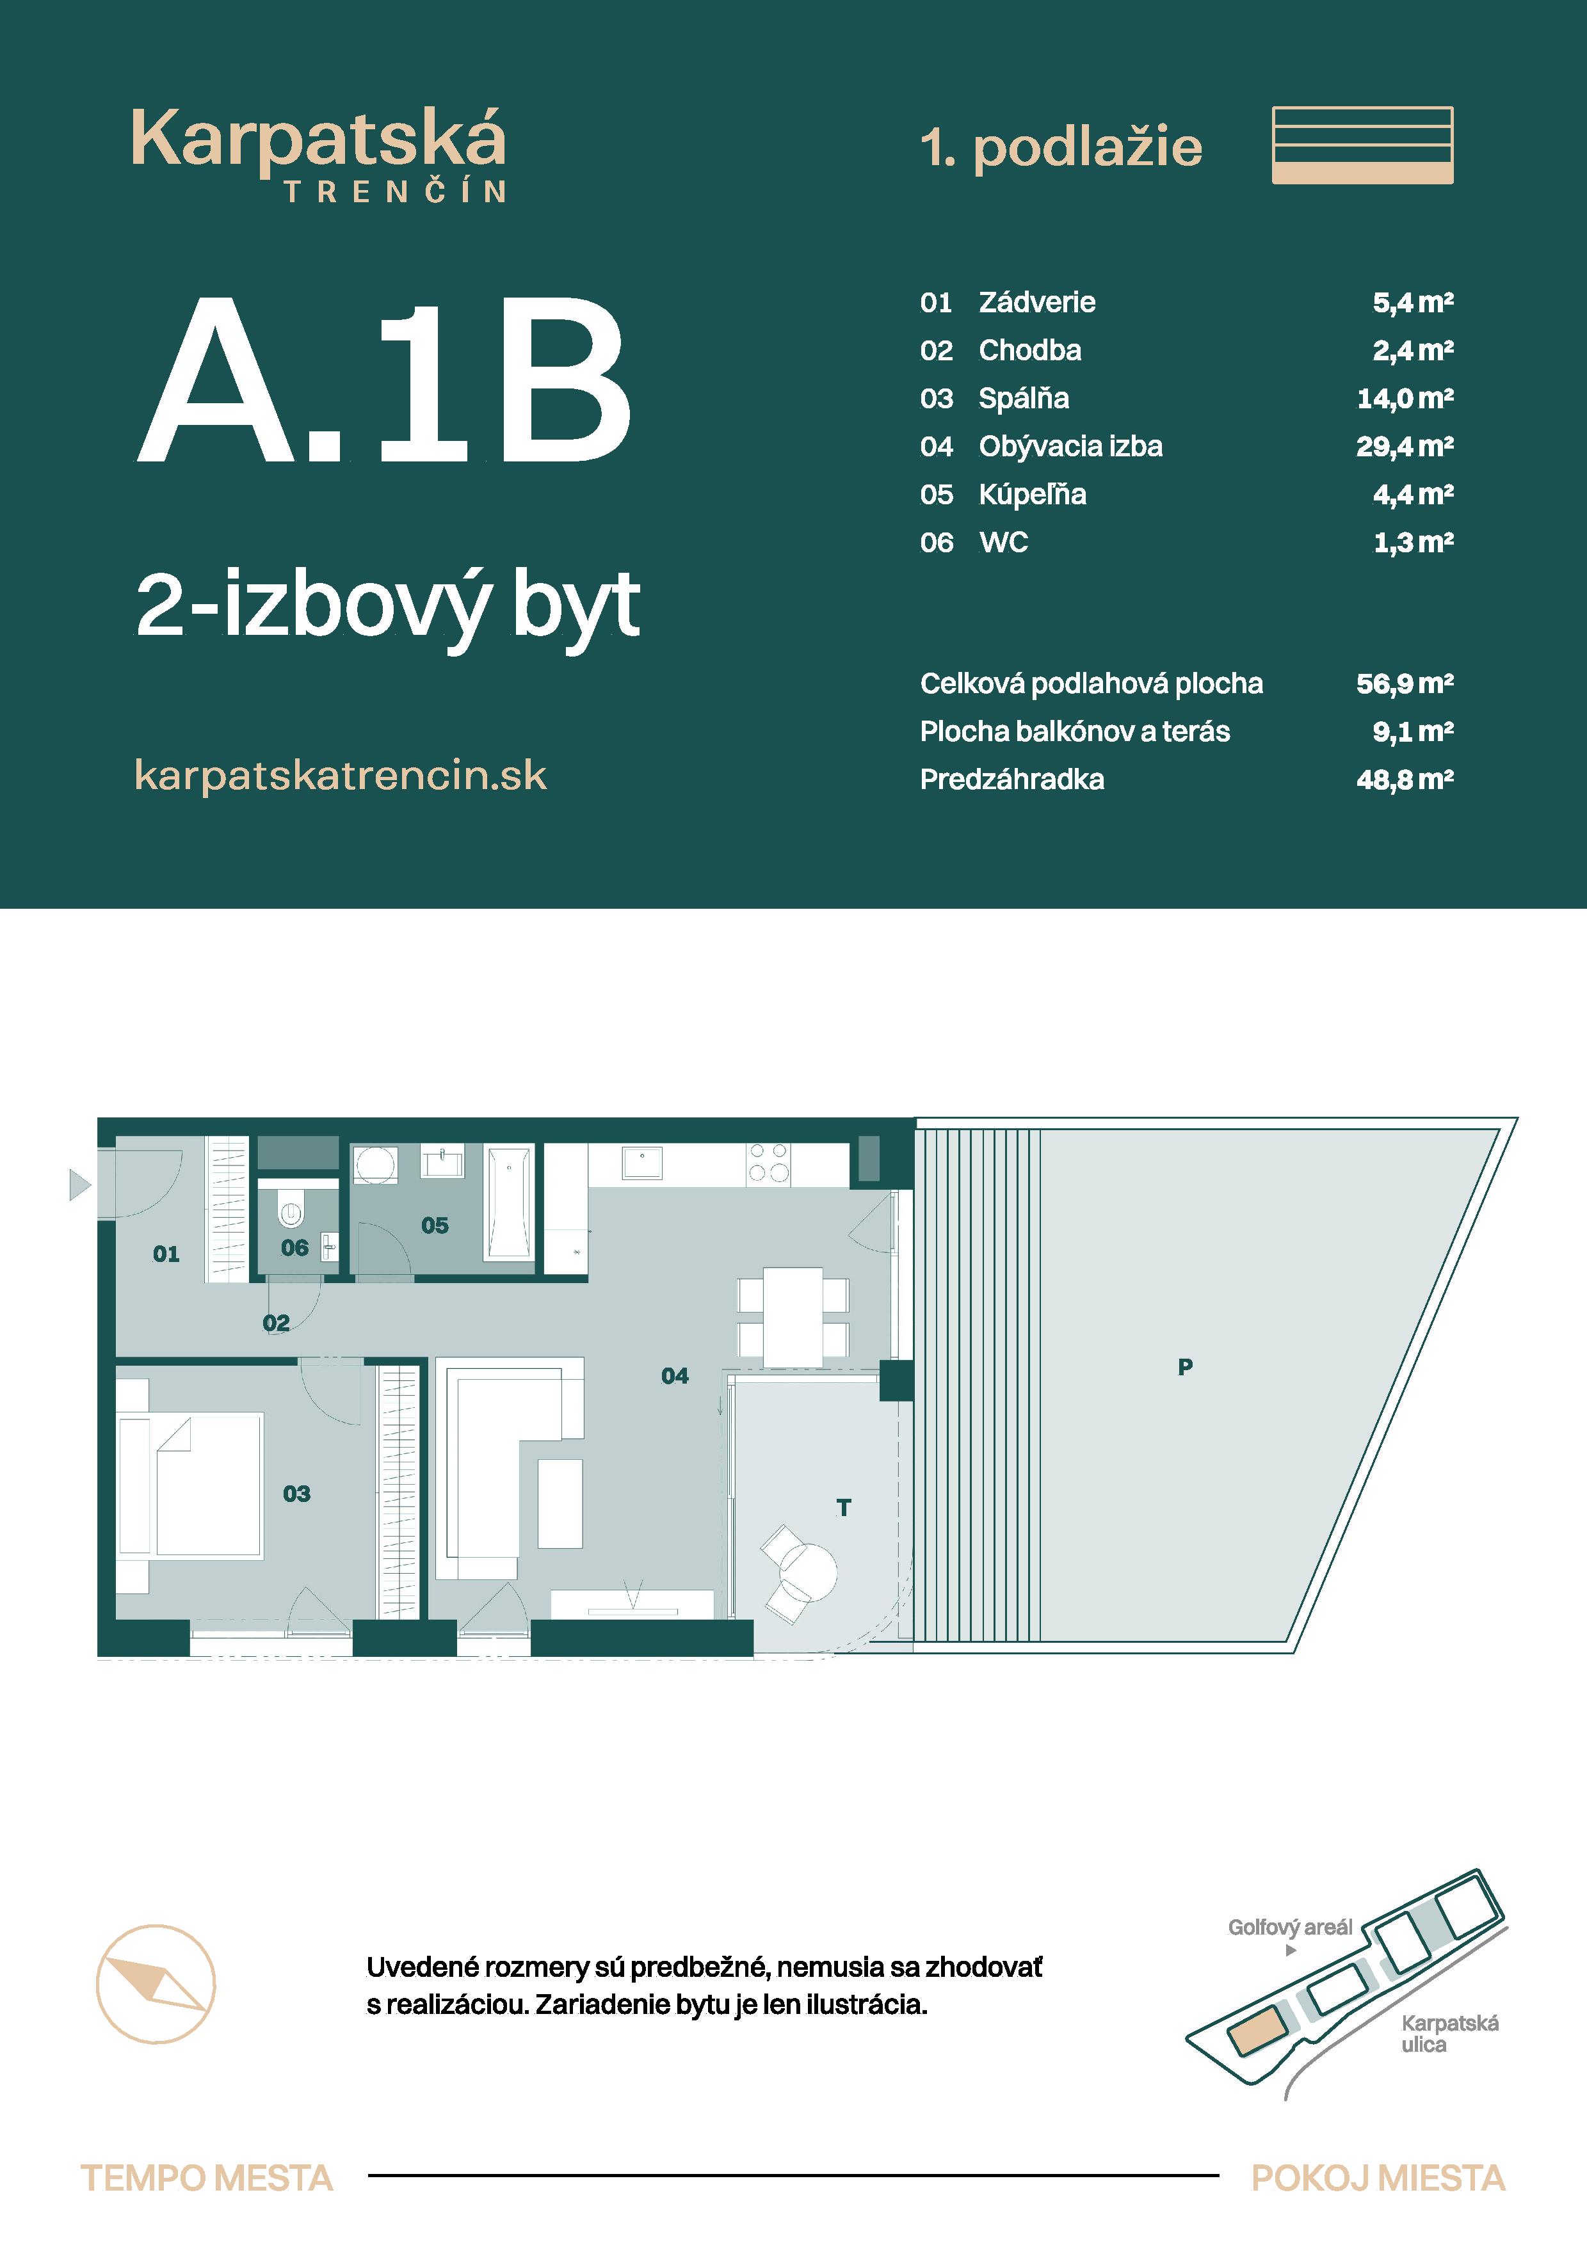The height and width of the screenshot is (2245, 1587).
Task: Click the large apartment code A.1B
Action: click(384, 381)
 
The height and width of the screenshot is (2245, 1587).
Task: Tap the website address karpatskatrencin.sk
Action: click(341, 776)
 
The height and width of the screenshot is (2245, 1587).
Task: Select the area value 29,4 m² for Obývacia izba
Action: click(1404, 447)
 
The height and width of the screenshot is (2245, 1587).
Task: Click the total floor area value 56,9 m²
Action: click(1404, 683)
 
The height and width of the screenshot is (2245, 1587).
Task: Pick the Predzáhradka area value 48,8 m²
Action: click(1404, 779)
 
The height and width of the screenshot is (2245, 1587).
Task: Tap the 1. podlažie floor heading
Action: click(1061, 148)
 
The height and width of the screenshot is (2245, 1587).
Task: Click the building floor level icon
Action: click(1362, 146)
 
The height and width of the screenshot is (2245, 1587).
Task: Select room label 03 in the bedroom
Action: click(296, 1493)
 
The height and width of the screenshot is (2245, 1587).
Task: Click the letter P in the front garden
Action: click(1185, 1367)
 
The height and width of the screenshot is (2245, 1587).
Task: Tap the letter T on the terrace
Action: click(844, 1508)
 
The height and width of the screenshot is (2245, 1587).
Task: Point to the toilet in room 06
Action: click(291, 1213)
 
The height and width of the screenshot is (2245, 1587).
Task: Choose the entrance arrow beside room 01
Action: click(80, 1185)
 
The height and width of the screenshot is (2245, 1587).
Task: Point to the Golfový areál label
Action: click(1290, 1927)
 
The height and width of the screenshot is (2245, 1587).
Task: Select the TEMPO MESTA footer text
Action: click(206, 2178)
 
